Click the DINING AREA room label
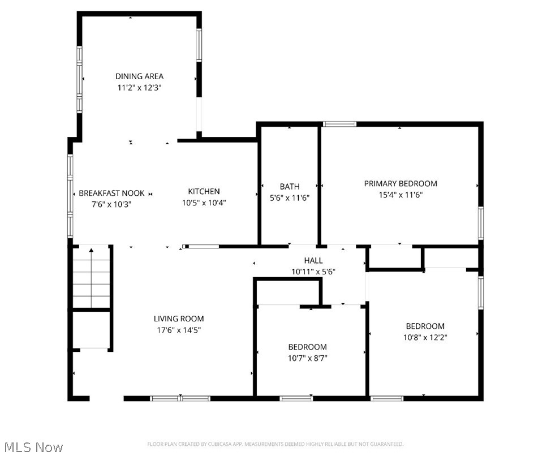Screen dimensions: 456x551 pyautogui.click(x=139, y=76)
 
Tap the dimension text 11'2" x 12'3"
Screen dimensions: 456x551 pyautogui.click(x=139, y=88)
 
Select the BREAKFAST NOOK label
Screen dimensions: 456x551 pyautogui.click(x=111, y=193)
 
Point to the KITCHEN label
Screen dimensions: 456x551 pyautogui.click(x=204, y=191)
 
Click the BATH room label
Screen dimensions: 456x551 pyautogui.click(x=289, y=186)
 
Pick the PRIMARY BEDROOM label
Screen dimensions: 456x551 pyautogui.click(x=400, y=183)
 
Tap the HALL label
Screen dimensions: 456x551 pyautogui.click(x=313, y=260)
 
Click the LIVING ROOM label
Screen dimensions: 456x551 pyautogui.click(x=179, y=319)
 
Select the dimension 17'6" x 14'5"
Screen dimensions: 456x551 pyautogui.click(x=179, y=330)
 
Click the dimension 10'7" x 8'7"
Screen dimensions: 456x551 pyautogui.click(x=307, y=358)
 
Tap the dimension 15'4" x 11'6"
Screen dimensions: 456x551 pyautogui.click(x=400, y=195)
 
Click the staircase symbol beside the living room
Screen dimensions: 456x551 pyautogui.click(x=91, y=277)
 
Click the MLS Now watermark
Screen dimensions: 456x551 pyautogui.click(x=32, y=447)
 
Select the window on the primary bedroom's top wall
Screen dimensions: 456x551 pyautogui.click(x=339, y=124)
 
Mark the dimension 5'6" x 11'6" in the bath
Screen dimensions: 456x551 pyautogui.click(x=289, y=197)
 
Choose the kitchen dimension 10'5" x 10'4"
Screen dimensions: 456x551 pyautogui.click(x=204, y=203)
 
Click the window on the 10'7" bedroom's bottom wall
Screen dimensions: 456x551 pyautogui.click(x=296, y=398)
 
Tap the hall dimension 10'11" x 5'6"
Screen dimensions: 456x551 pyautogui.click(x=313, y=271)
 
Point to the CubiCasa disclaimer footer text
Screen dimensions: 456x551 pyautogui.click(x=275, y=445)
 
